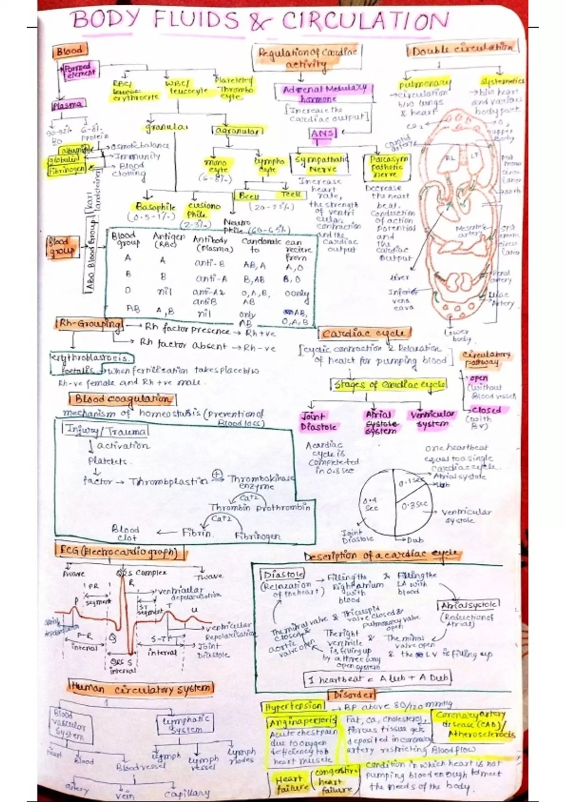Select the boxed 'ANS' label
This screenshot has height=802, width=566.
pyautogui.click(x=323, y=134)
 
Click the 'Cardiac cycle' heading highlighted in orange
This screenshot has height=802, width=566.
pyautogui.click(x=363, y=334)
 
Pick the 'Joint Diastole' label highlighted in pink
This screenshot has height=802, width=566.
pyautogui.click(x=318, y=422)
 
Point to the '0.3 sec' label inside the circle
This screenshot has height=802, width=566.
pyautogui.click(x=415, y=505)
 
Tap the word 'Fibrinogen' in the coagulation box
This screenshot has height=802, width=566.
pyautogui.click(x=258, y=536)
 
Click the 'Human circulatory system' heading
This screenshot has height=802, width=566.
pyautogui.click(x=141, y=688)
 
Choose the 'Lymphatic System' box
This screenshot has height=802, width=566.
pyautogui.click(x=185, y=724)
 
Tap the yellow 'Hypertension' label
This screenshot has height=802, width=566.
pyautogui.click(x=292, y=707)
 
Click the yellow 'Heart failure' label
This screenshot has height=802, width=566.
pyautogui.click(x=289, y=784)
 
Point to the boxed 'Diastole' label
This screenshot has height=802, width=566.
pyautogui.click(x=283, y=575)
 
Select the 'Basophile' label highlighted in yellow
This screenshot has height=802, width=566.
pyautogui.click(x=155, y=207)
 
